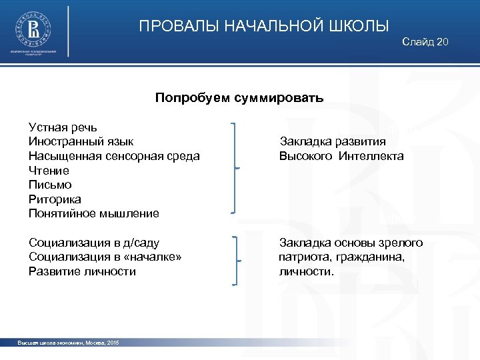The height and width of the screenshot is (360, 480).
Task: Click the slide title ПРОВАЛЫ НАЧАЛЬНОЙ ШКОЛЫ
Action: (264, 27)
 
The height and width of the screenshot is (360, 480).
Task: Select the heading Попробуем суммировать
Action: (239, 98)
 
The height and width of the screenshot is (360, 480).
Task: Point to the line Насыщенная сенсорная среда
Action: (114, 156)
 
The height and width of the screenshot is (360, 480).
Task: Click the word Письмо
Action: (50, 185)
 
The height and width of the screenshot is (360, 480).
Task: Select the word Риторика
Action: (55, 199)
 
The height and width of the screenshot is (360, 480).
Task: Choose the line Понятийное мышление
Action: (94, 214)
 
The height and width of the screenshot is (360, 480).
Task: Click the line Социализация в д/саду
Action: (94, 243)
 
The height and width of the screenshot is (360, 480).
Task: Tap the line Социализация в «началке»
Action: (105, 257)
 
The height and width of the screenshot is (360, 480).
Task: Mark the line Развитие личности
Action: (82, 271)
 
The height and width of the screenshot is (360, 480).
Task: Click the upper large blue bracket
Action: (234, 168)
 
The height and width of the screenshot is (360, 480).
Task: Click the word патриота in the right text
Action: (302, 257)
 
